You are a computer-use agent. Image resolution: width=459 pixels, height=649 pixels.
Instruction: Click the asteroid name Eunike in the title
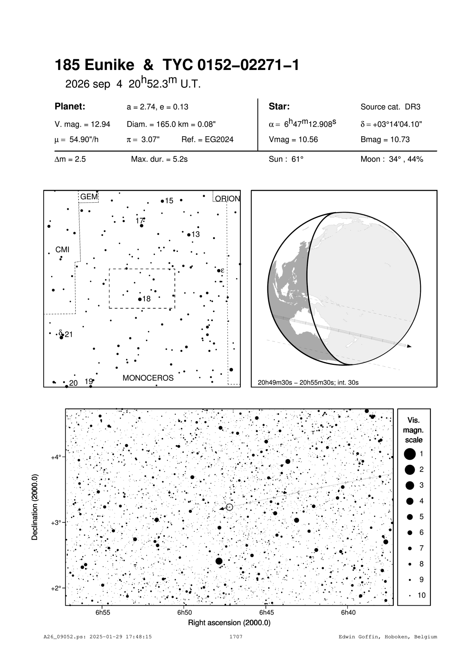point(109,66)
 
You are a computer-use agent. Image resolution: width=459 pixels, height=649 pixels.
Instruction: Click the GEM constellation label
point(89,196)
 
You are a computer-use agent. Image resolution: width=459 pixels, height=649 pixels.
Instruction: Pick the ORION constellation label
point(227,199)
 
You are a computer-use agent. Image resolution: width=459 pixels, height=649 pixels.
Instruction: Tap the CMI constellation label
point(62,250)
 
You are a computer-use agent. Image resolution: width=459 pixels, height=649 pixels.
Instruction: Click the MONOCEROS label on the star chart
point(148,378)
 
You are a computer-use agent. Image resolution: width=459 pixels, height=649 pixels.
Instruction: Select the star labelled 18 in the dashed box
point(140,299)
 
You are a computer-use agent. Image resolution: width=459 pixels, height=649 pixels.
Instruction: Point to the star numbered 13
point(189,235)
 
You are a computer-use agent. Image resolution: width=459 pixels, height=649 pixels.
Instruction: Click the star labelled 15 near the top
point(162,201)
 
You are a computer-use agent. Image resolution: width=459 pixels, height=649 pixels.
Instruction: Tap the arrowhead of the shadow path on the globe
point(409,346)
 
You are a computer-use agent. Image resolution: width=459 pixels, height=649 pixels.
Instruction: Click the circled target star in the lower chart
point(229,507)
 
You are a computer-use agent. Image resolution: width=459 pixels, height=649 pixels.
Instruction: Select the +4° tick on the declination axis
point(65,457)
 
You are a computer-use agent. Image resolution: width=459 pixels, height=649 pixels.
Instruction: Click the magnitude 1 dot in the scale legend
point(410,453)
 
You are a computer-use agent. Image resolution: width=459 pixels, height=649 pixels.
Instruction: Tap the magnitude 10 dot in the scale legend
point(410,595)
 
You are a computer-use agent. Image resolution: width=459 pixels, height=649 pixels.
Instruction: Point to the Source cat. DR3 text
point(390,107)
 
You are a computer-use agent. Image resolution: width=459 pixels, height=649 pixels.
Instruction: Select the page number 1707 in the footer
point(236,637)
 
